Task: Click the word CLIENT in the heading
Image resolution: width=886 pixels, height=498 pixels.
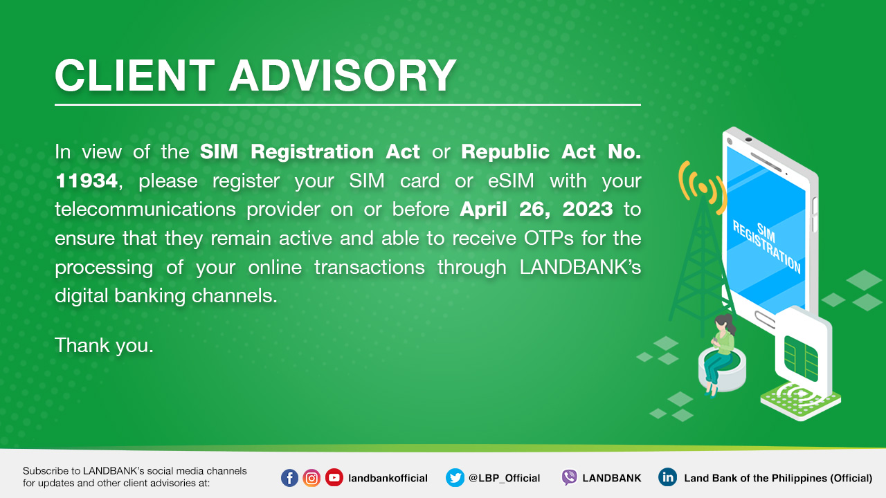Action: (x=134, y=75)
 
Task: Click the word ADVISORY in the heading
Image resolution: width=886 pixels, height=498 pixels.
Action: (x=343, y=75)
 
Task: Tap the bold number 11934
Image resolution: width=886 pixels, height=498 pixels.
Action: (x=87, y=181)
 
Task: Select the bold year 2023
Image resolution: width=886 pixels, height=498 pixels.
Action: (x=588, y=209)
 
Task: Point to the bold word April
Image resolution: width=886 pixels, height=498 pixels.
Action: (x=483, y=210)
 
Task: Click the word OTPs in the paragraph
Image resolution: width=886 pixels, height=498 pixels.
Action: (x=549, y=238)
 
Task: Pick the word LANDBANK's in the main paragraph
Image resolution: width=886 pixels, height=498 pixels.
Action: (x=580, y=267)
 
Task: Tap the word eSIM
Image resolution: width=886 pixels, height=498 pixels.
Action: (x=511, y=181)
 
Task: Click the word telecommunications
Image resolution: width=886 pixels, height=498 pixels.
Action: (x=145, y=209)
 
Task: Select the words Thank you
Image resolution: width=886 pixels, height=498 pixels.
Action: (x=104, y=346)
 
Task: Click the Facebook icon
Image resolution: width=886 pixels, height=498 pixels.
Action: (x=289, y=478)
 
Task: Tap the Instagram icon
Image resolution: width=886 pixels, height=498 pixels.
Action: (x=311, y=478)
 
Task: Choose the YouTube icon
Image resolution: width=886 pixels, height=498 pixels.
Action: (x=334, y=478)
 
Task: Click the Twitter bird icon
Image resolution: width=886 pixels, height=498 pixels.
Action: (x=455, y=478)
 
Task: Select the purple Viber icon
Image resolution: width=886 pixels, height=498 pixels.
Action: (x=569, y=478)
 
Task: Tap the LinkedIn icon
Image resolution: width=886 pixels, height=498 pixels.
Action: (x=668, y=477)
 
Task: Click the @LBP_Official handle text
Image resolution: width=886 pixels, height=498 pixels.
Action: (x=505, y=478)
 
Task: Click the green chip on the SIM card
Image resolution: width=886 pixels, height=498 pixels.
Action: (x=801, y=358)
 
